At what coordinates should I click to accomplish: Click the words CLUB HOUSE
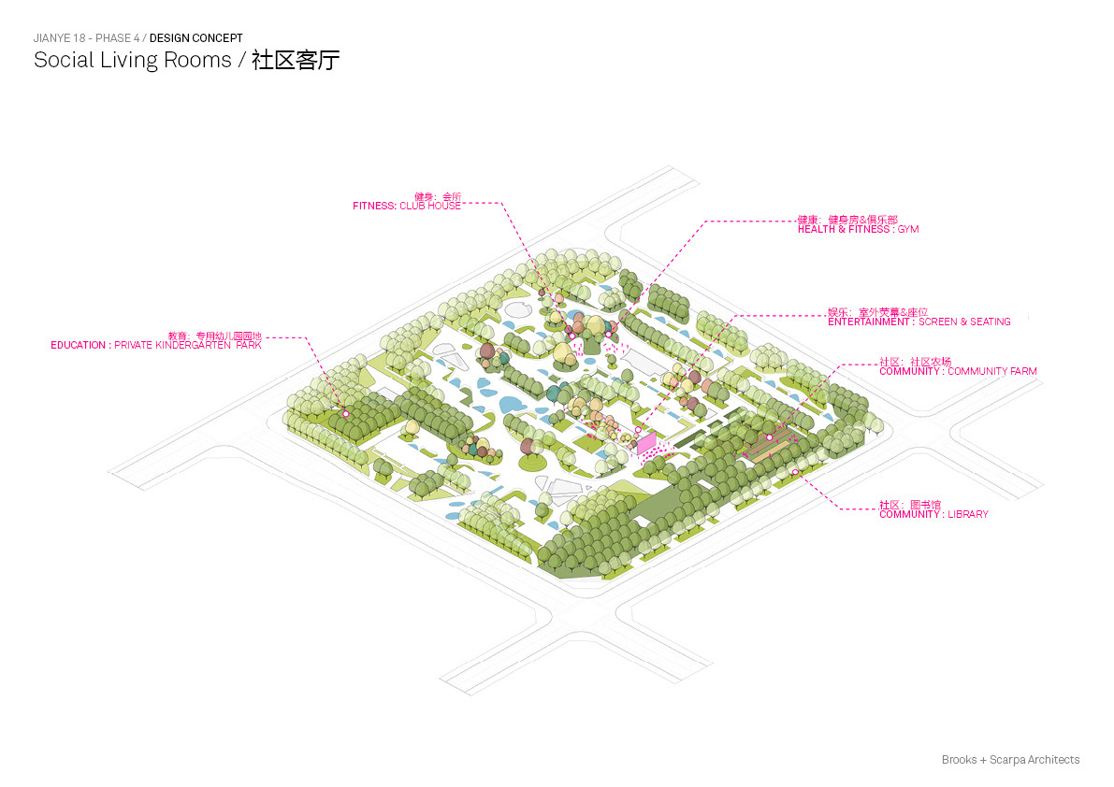(430, 206)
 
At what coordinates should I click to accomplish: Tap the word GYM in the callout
(908, 229)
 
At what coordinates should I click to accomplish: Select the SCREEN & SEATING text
(964, 322)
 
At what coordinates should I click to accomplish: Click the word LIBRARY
(968, 514)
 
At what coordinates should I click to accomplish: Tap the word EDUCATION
(79, 345)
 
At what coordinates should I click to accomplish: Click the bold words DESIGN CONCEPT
(196, 38)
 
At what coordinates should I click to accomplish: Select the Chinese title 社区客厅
(296, 61)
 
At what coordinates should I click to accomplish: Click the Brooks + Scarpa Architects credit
(1010, 760)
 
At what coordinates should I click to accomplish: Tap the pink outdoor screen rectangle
(646, 443)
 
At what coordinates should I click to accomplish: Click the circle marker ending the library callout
(795, 472)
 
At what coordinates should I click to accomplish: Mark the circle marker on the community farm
(770, 437)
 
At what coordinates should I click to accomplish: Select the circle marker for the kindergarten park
(345, 413)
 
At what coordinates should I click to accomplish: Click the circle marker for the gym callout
(608, 334)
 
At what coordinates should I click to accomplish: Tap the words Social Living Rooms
(132, 61)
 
